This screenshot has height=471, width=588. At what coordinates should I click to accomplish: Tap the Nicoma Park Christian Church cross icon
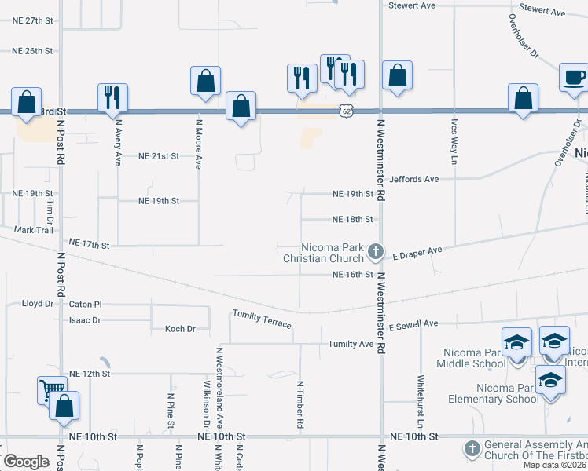376,252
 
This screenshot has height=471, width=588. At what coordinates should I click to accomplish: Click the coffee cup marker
573,78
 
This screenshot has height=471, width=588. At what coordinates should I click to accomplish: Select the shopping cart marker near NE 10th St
51,389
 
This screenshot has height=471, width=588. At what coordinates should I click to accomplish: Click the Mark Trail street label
33,230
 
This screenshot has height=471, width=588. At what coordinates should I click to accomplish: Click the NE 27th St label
32,20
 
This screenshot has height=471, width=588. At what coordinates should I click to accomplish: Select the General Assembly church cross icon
472,448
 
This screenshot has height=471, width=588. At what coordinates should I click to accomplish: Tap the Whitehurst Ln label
420,389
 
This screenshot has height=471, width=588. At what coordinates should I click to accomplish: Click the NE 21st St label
160,156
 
